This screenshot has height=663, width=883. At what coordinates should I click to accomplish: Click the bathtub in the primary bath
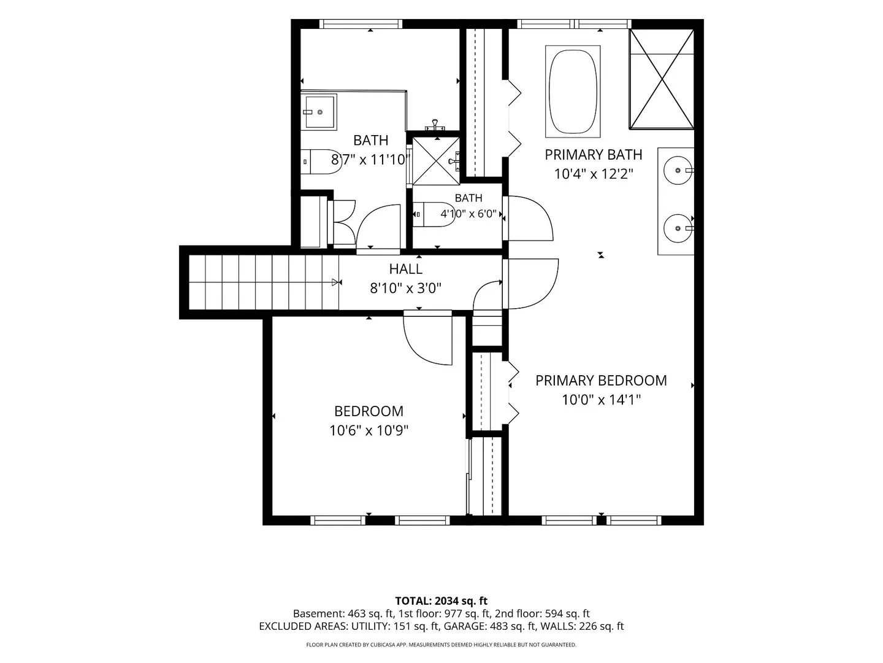(573, 91)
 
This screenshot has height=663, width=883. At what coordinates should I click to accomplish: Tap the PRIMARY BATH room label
(594, 155)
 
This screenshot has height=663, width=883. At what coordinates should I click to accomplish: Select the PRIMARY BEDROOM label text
(601, 381)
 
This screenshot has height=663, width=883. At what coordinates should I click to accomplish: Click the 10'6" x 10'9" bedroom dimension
(369, 430)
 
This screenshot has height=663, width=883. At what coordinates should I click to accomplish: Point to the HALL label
(405, 269)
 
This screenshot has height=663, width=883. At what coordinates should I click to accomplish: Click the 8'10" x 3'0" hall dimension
(405, 289)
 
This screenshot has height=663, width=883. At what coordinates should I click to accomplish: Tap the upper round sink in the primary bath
(678, 170)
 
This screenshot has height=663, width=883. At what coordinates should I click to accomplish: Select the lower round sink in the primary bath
(678, 228)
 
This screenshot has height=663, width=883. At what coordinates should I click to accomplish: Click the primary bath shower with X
(662, 79)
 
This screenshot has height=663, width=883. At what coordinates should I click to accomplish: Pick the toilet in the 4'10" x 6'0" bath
(434, 215)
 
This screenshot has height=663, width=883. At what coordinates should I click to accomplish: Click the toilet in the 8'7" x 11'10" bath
(321, 161)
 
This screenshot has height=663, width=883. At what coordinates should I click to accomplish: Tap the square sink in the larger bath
(319, 112)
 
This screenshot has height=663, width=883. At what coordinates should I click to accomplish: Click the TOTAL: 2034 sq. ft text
(442, 601)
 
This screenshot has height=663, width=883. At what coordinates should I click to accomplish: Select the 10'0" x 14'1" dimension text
(601, 400)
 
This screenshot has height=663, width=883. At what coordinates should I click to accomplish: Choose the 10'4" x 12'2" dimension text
(594, 174)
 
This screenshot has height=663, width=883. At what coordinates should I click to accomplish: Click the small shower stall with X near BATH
(436, 161)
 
